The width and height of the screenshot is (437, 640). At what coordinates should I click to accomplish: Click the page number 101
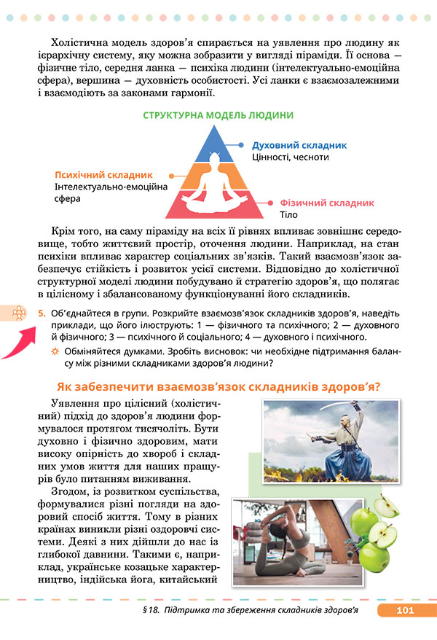coord(406,610)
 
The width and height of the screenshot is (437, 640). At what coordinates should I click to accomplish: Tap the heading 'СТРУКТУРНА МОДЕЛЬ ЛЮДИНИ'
coord(219,115)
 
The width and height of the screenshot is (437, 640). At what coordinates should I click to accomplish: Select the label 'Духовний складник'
coord(299,145)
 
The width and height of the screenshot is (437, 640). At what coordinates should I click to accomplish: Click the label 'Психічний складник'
coord(103,175)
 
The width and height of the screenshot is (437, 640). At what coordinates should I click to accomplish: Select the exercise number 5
coord(42,313)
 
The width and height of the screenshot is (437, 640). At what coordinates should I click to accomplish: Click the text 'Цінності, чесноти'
coord(290,157)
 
